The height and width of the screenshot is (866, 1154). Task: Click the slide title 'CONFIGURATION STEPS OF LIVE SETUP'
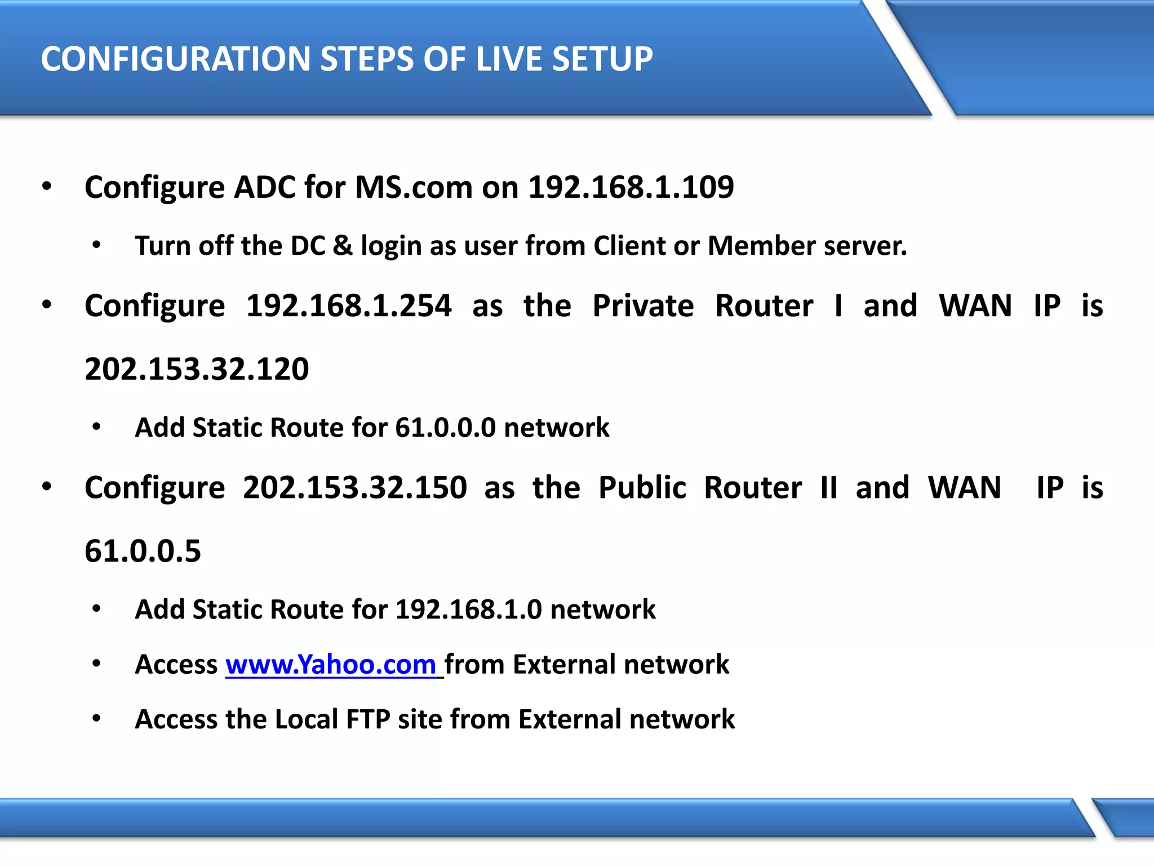[x=347, y=59]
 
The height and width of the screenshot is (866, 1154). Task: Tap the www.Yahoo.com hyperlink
[x=331, y=664]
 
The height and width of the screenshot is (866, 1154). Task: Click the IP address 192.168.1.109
[x=631, y=187]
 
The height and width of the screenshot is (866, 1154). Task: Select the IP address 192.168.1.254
[x=349, y=306]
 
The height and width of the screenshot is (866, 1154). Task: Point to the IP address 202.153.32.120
[x=197, y=369]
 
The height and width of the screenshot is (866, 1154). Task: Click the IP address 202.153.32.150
[x=355, y=488]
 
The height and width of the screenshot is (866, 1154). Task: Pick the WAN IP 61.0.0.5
[x=143, y=551]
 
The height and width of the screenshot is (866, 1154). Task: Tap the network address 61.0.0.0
[x=445, y=427]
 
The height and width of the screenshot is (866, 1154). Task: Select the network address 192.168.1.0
[x=469, y=609]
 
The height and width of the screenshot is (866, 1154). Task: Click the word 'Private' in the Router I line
[x=643, y=306]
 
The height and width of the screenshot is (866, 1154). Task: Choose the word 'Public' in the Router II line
[x=642, y=488]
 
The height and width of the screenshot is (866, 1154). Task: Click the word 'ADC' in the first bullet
[x=264, y=187]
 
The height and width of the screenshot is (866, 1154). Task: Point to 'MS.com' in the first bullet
[x=414, y=187]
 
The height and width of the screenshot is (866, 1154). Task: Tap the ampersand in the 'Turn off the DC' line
[x=343, y=246]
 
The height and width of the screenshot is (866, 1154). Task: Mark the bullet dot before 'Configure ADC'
[x=47, y=186]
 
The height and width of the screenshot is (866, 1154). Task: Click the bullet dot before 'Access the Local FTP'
[x=96, y=718]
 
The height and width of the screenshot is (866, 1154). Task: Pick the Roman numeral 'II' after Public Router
[x=828, y=488]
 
